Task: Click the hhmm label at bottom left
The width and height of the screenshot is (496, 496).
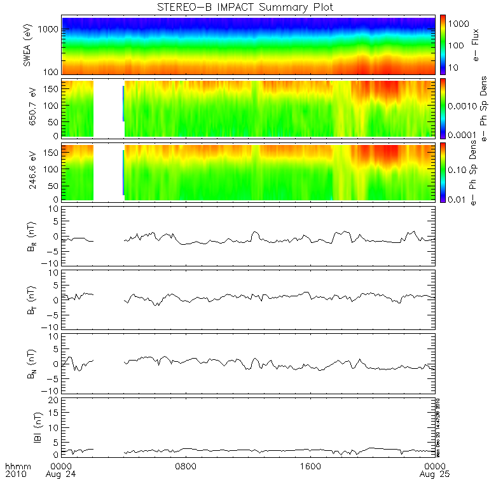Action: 15,466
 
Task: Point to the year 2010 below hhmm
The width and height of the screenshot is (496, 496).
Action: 15,474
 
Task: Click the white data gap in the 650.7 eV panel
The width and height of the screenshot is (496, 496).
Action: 108,108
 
